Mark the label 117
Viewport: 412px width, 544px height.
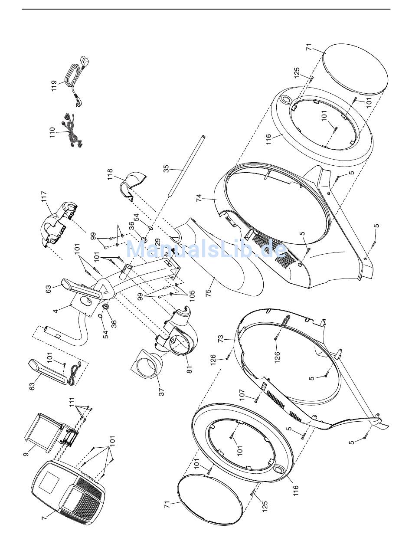pyautogui.click(x=44, y=198)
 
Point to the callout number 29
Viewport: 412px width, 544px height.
pyautogui.click(x=158, y=241)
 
